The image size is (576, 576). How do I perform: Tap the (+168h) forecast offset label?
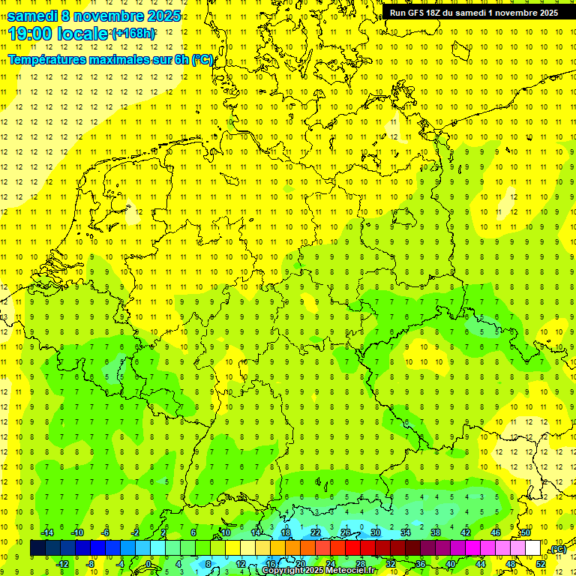(133, 34)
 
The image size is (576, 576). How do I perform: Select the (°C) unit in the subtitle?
(202, 59)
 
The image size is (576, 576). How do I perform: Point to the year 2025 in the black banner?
(544, 13)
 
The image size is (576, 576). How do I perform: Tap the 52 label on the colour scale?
(541, 563)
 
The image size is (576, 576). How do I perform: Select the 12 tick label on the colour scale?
(241, 563)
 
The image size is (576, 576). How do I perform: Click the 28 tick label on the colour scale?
(361, 563)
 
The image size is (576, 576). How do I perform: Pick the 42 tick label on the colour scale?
(466, 532)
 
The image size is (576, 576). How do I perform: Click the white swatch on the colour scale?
(533, 548)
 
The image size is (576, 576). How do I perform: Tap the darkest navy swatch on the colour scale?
(38, 548)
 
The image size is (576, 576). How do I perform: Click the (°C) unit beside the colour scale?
(557, 549)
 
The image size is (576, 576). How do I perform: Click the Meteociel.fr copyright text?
(319, 571)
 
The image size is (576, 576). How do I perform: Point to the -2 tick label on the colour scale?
(136, 532)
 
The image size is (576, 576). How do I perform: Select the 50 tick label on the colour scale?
(526, 532)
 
